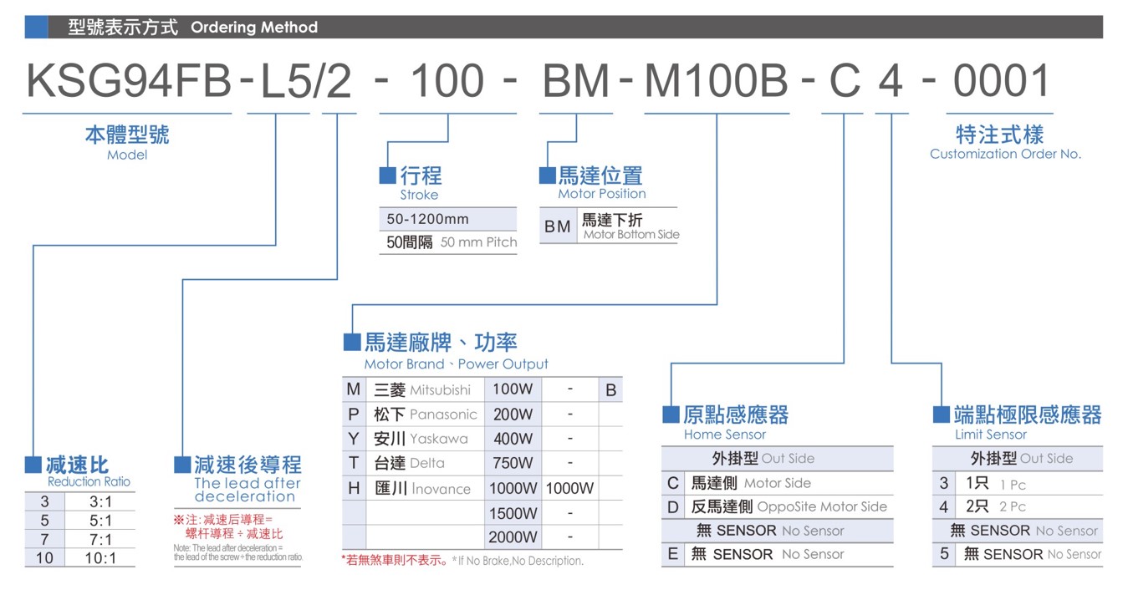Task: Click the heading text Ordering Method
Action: [x=254, y=28]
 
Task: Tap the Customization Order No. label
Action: [x=1005, y=154]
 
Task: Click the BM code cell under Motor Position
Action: [x=558, y=226]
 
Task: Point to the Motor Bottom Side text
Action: [x=631, y=235]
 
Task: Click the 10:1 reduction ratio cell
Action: [x=100, y=558]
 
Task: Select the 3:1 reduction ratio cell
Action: [x=100, y=502]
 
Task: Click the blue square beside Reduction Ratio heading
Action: [x=33, y=465]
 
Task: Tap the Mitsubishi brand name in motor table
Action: [x=440, y=390]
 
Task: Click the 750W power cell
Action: [x=513, y=463]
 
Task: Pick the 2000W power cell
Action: [x=513, y=537]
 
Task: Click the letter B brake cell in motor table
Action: [x=611, y=390]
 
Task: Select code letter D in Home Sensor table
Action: [x=673, y=507]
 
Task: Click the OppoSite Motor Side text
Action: [x=822, y=507]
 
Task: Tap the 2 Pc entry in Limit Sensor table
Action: [x=1013, y=507]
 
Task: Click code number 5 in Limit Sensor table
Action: [x=944, y=554]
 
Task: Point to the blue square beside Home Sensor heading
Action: [x=671, y=414]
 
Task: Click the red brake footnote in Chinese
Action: [x=395, y=560]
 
